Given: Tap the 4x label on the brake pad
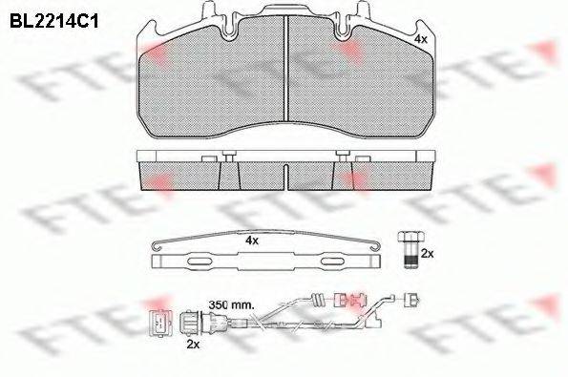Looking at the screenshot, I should point(420,39).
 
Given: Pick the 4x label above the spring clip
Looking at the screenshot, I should point(252,240).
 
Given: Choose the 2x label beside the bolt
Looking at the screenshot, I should point(427,254).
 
